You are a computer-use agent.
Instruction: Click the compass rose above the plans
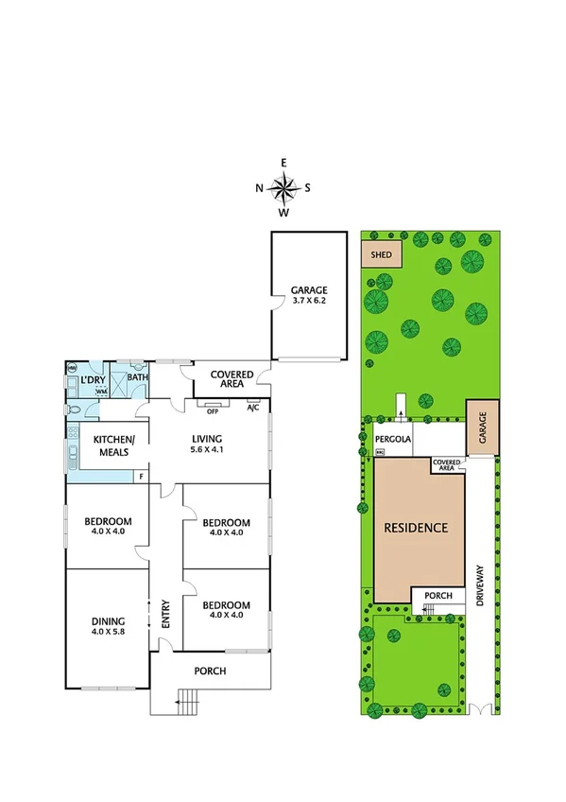pos(283,188)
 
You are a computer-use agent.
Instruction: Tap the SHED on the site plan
pos(381,254)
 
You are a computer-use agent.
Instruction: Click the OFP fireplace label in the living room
pos(213,410)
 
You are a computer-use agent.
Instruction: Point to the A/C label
pos(252,409)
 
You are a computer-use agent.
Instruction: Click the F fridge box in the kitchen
pos(143,476)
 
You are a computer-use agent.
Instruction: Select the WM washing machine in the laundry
pos(101,391)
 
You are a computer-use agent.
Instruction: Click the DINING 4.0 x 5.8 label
pos(108,625)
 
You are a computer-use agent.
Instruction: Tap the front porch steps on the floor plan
pos(188,702)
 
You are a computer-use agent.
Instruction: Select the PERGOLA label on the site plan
pos(395,440)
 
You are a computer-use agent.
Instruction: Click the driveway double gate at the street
pos(483,708)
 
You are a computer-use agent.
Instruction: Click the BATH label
pos(138,378)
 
